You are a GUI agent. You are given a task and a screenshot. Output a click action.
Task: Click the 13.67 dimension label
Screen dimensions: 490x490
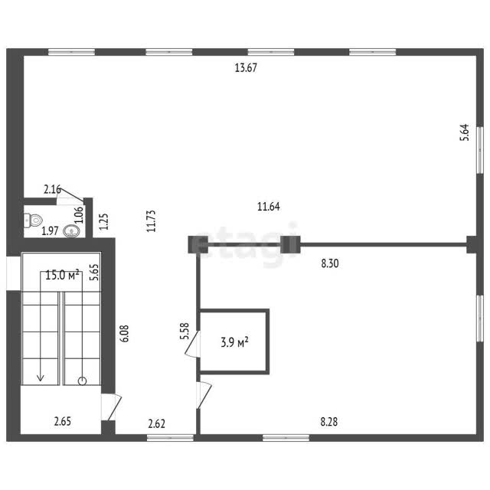coord(246,68)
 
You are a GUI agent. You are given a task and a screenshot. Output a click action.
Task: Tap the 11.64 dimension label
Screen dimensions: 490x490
coord(269,207)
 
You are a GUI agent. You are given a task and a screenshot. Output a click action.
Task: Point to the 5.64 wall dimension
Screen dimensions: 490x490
coord(465,132)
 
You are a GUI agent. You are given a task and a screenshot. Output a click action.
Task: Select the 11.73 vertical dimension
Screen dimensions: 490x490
coord(152,221)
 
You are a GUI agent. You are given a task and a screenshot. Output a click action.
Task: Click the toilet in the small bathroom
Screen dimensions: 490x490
coord(33,220)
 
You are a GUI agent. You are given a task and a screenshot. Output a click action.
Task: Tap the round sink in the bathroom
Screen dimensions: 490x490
coord(71,231)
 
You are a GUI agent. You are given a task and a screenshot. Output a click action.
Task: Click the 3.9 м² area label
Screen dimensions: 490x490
coord(235,342)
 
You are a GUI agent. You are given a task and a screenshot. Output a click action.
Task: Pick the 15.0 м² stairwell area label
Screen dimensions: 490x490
coord(62,276)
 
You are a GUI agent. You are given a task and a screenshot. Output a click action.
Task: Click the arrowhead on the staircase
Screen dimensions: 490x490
coord(41,377)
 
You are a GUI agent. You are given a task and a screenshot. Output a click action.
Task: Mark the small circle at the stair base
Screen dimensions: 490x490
coord(82,381)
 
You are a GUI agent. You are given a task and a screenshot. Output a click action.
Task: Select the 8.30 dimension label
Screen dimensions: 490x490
coord(330,263)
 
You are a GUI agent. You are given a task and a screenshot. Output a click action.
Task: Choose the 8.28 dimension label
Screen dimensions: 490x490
coord(329,422)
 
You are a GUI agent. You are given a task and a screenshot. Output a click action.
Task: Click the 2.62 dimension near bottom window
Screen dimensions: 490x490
coord(156,423)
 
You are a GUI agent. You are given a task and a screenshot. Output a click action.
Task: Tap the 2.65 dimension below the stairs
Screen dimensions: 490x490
coord(63,421)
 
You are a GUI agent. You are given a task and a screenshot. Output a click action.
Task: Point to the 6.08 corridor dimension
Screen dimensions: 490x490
coord(125,334)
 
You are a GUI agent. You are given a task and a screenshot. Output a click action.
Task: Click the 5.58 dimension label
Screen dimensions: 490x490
coord(185,332)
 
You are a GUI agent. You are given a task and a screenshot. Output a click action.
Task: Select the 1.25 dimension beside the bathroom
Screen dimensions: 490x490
coord(104,221)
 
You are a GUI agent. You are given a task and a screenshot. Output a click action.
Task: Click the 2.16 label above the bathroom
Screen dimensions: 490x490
coord(52,189)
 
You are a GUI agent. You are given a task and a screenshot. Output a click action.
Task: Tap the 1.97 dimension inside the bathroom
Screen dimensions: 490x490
coord(50,231)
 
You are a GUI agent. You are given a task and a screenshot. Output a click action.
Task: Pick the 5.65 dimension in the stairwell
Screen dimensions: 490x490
coord(94,273)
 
